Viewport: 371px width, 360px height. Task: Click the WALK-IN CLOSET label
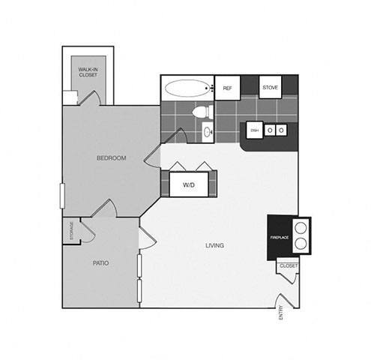click(88, 72)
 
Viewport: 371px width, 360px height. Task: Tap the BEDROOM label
click(111, 158)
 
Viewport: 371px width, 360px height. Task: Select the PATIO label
click(101, 263)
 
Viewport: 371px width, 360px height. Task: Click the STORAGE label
click(71, 232)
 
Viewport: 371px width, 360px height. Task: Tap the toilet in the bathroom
click(201, 112)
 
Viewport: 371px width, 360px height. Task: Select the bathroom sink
click(207, 133)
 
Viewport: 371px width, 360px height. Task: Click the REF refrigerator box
click(226, 88)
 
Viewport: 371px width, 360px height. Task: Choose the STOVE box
click(270, 88)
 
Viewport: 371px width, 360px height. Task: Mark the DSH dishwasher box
click(255, 130)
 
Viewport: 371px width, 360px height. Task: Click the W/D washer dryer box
click(188, 184)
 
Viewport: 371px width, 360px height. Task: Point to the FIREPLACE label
click(279, 238)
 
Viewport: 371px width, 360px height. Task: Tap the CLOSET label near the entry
click(288, 266)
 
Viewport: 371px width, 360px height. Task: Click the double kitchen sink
click(276, 130)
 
